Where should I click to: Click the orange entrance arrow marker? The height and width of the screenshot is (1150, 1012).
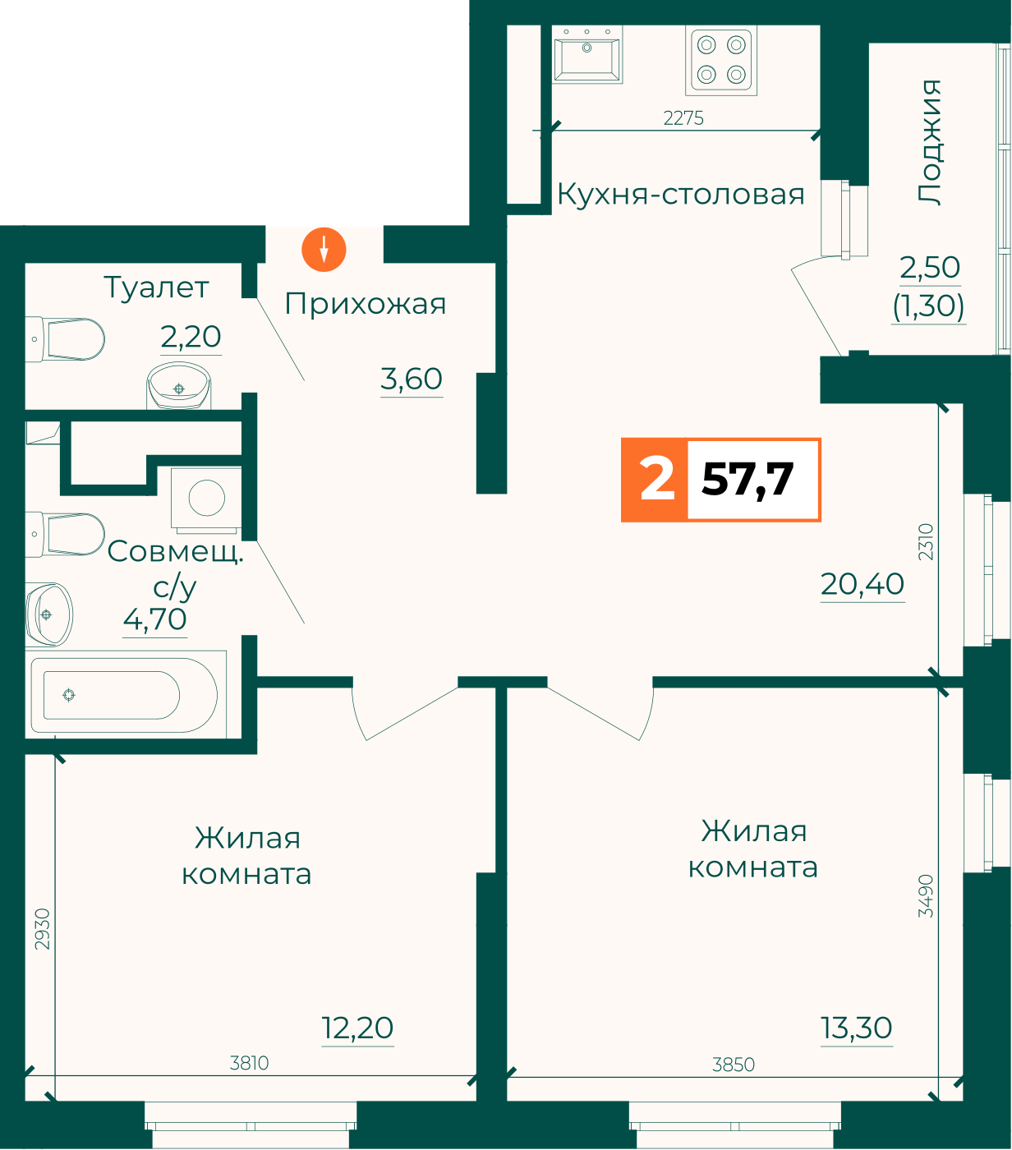click(324, 250)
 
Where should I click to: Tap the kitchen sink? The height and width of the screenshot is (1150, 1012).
click(587, 54)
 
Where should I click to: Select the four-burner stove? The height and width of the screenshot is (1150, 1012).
click(721, 60)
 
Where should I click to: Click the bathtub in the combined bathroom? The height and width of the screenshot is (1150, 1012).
click(125, 695)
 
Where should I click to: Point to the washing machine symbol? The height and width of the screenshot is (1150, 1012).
click(207, 499)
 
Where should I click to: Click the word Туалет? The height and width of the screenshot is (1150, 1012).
click(156, 287)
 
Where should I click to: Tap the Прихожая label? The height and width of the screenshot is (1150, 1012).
click(365, 305)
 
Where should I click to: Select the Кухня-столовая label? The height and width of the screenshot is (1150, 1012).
click(680, 195)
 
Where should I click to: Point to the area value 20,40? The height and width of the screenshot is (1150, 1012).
click(862, 584)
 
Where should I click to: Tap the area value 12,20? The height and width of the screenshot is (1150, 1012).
click(357, 1028)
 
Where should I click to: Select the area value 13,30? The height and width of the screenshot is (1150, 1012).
click(857, 1028)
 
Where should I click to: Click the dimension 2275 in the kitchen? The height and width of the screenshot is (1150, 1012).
click(683, 118)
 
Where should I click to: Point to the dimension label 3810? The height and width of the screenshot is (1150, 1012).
click(249, 1063)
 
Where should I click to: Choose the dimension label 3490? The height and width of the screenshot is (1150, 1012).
click(926, 895)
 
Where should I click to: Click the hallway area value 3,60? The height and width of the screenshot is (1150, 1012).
click(411, 379)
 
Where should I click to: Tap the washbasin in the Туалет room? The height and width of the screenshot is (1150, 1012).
click(179, 386)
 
